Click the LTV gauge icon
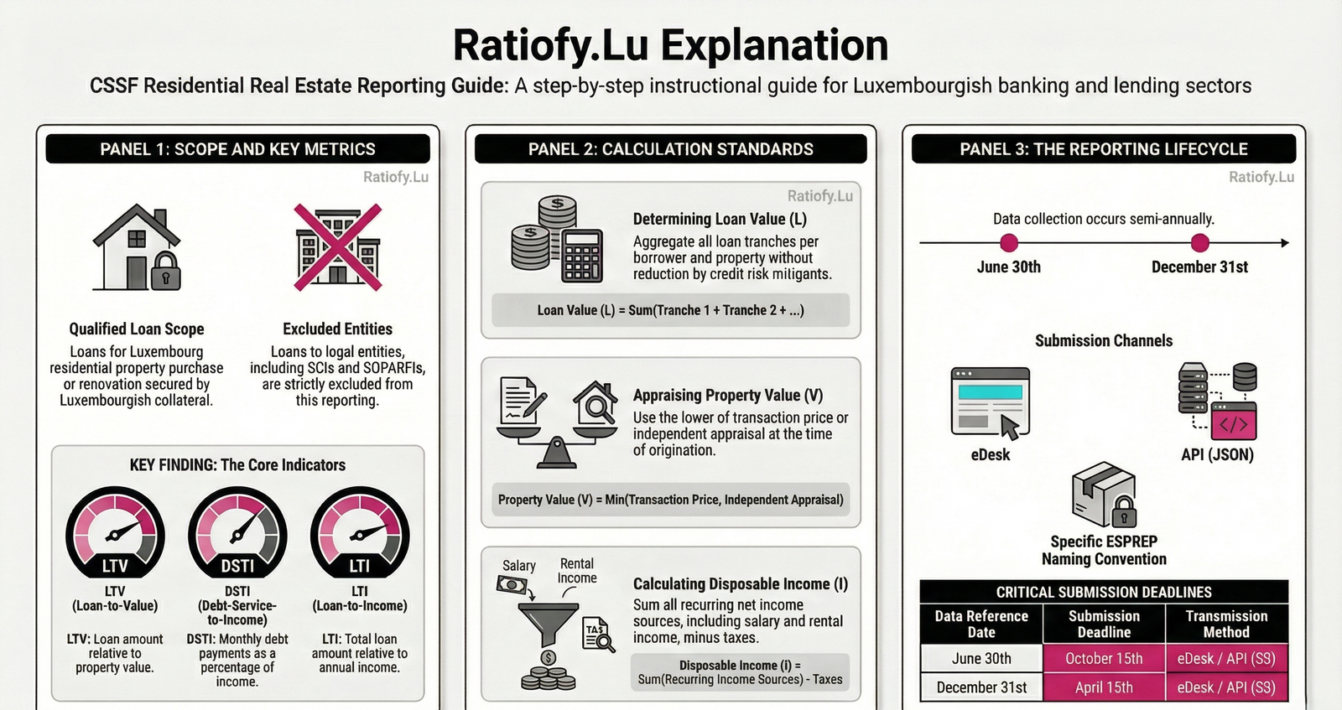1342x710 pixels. tap(115, 532)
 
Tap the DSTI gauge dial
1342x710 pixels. tap(237, 533)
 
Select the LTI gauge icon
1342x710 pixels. tap(360, 532)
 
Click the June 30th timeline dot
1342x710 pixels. tap(1009, 243)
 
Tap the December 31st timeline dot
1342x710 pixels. tap(1200, 243)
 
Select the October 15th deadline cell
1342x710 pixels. tap(1104, 658)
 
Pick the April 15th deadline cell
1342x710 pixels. tap(1104, 687)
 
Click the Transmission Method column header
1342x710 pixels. tap(1226, 624)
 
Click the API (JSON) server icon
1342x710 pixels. tap(1218, 401)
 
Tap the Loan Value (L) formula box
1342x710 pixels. tap(670, 310)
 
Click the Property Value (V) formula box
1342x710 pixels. tap(670, 500)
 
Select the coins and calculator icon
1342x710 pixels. tap(557, 240)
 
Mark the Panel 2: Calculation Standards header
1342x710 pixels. tap(670, 149)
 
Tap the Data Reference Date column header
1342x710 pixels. tap(981, 624)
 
